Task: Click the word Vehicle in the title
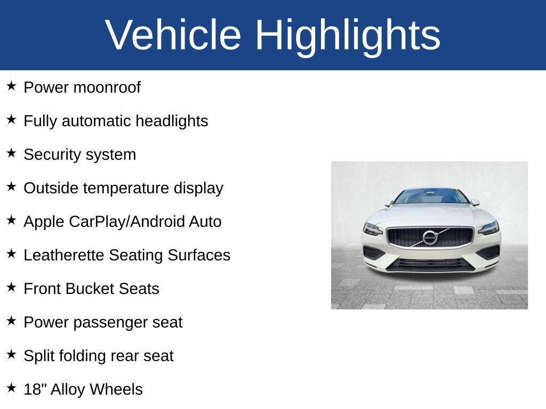click(173, 35)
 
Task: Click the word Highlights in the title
click(348, 35)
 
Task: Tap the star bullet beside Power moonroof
click(11, 86)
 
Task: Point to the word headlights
click(171, 121)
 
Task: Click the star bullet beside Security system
click(11, 153)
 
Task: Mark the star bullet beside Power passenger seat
click(11, 321)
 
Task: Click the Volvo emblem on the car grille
click(430, 238)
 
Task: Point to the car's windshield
click(431, 197)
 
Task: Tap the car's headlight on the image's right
click(488, 228)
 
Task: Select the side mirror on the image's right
click(475, 202)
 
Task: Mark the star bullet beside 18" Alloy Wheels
click(11, 388)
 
